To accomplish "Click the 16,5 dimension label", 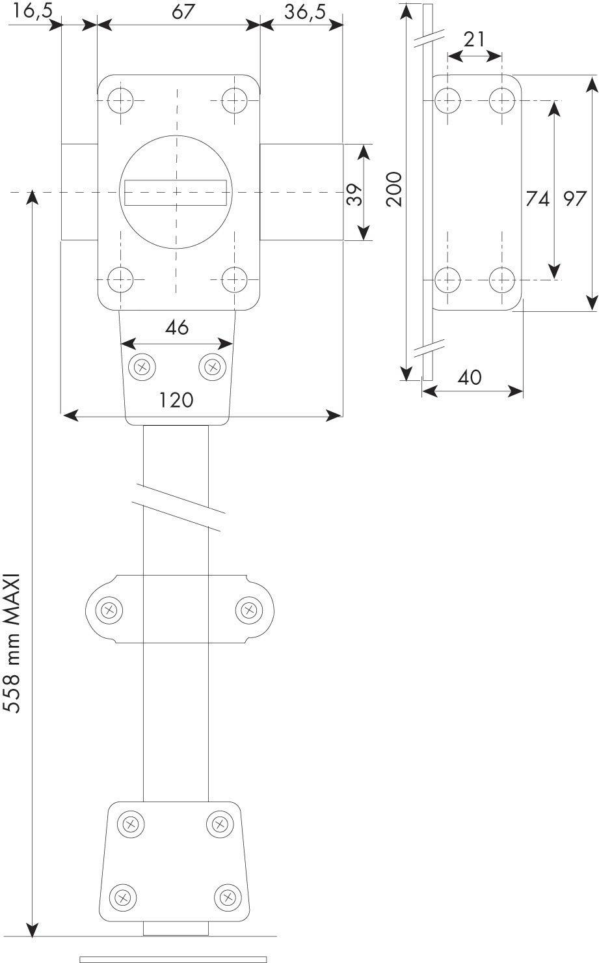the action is tap(33, 12).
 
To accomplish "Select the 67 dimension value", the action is tap(183, 12).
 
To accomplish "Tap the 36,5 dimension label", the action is tap(305, 12).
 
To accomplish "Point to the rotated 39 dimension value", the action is tap(354, 195).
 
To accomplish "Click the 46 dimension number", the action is tap(177, 328).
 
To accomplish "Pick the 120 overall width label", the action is tap(176, 400).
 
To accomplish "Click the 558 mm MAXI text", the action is tap(12, 643).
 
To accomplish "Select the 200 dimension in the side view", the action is tap(394, 189).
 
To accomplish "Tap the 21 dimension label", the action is tap(474, 40).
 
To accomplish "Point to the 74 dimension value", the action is tap(538, 199).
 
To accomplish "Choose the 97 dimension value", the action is tap(575, 199).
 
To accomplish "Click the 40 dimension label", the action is tap(470, 378).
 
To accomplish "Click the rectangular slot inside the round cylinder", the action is tap(176, 192).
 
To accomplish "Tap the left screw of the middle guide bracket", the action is tap(109, 609).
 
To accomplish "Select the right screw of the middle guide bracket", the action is tap(249, 609).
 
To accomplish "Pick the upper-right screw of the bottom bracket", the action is tap(220, 824).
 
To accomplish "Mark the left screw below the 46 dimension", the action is tap(142, 367).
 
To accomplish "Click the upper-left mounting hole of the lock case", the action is tap(121, 101).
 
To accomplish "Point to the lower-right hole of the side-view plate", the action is tap(502, 280).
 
